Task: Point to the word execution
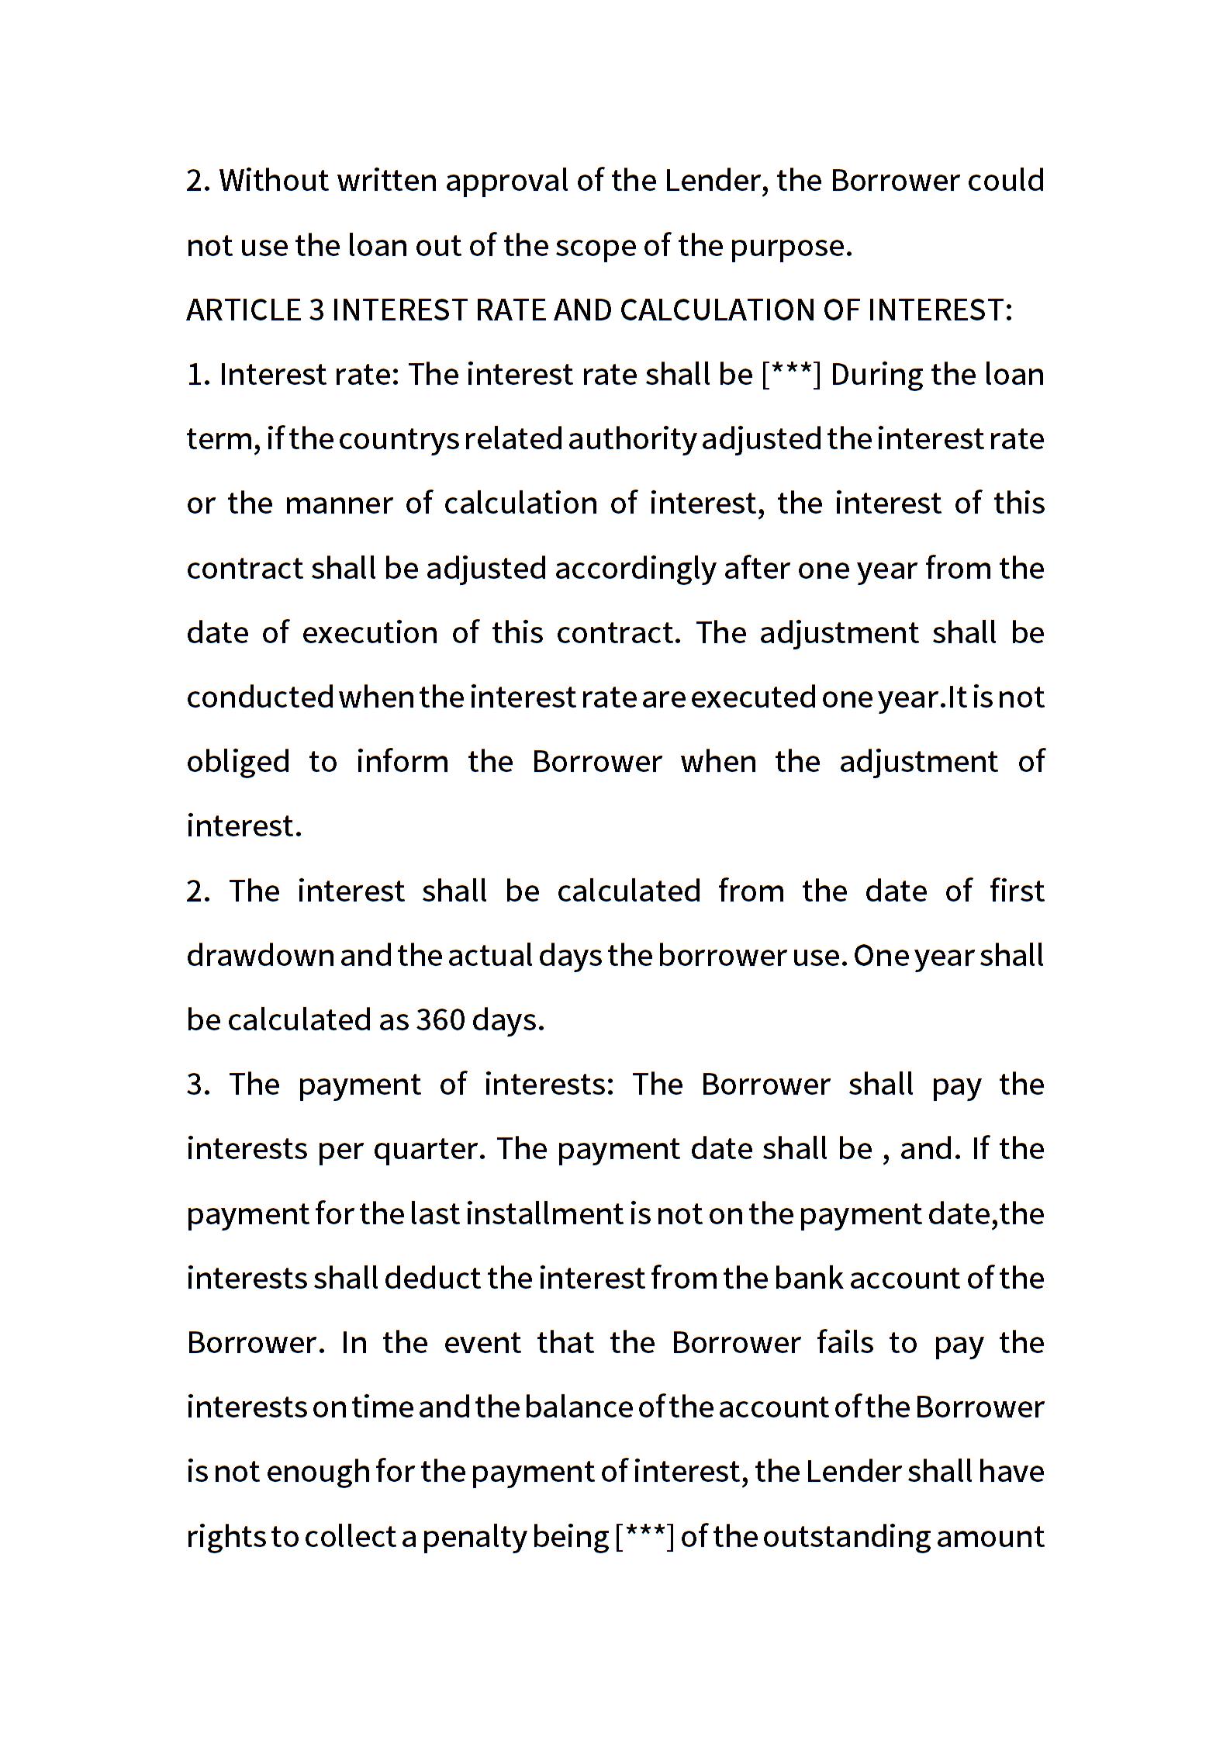tap(370, 633)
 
